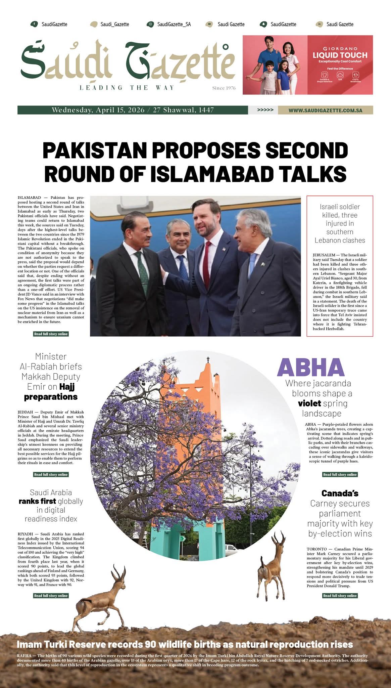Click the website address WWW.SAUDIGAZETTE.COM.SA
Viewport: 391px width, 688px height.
tap(325, 110)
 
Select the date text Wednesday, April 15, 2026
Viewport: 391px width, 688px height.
tap(98, 110)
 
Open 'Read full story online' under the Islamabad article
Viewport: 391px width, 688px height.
tap(51, 334)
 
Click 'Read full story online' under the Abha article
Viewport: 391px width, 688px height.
tap(340, 474)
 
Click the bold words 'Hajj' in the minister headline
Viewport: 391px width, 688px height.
tap(67, 387)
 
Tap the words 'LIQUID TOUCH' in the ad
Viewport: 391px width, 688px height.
tap(340, 55)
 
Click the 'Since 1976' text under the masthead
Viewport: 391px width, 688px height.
tap(224, 88)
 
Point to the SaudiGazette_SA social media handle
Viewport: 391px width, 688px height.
tap(174, 24)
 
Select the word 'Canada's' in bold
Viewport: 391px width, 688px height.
tap(340, 493)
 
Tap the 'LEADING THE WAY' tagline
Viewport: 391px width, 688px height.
tap(127, 88)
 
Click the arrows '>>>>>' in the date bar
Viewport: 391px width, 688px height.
tap(265, 110)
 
